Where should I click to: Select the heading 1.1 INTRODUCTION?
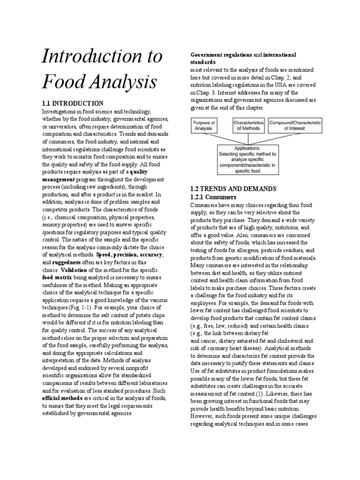[x=73, y=103]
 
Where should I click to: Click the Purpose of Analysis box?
[x=204, y=125]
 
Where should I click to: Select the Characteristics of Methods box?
[x=249, y=125]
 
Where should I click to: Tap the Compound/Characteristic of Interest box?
[x=295, y=125]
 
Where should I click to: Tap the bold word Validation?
[x=74, y=270]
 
